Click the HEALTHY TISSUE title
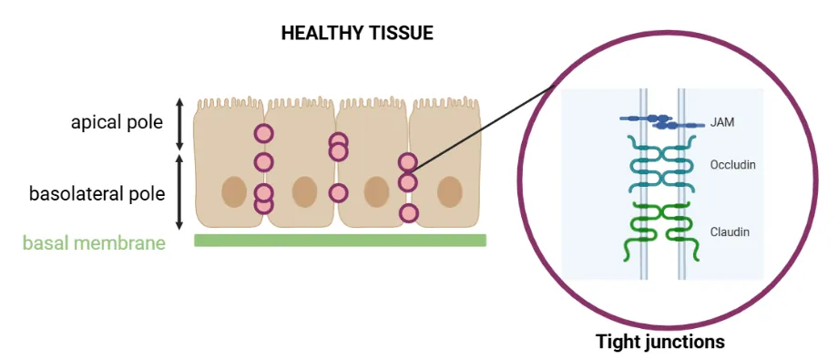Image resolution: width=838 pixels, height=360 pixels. click(357, 34)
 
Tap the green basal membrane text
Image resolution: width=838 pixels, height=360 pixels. click(94, 243)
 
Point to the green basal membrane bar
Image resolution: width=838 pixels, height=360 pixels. click(340, 241)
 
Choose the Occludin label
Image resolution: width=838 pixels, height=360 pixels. click(733, 165)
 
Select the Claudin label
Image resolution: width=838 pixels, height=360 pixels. click(730, 231)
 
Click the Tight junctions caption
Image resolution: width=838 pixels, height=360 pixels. click(660, 343)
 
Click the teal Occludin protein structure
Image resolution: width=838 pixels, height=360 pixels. click(662, 165)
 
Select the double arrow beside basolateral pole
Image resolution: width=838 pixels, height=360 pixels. click(179, 192)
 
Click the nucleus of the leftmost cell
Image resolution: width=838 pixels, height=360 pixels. click(234, 192)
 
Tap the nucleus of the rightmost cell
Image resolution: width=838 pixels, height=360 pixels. click(449, 192)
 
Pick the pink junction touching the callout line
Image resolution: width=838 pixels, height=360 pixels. click(407, 163)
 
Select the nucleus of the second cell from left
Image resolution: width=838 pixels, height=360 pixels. click(304, 192)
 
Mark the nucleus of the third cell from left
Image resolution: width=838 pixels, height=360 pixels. click(376, 192)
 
